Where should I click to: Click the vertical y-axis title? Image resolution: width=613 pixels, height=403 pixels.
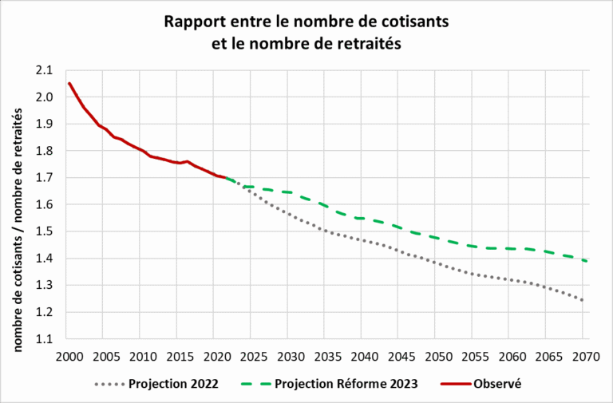pyautogui.click(x=16, y=204)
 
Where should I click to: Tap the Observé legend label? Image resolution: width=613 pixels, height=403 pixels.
pyautogui.click(x=496, y=384)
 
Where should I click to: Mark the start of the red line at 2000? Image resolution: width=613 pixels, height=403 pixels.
pyautogui.click(x=69, y=83)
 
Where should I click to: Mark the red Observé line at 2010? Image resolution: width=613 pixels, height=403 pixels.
pyautogui.click(x=142, y=151)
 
